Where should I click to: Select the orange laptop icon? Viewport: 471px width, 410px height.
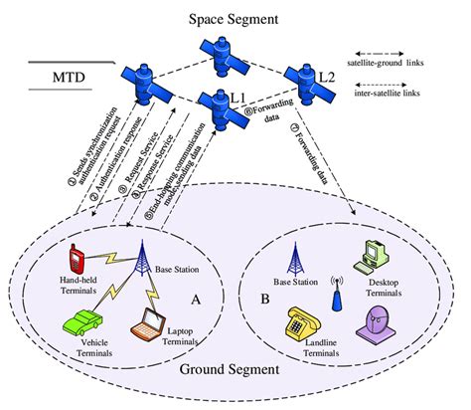(x=151, y=320)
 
